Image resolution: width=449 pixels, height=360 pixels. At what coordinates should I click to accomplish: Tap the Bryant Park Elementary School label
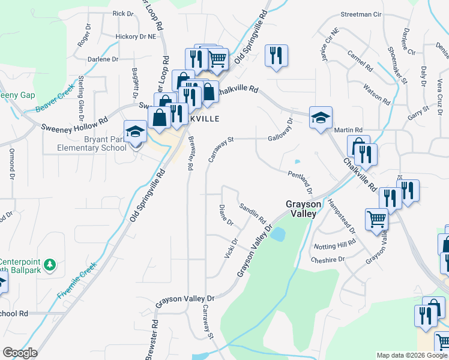tap(92, 144)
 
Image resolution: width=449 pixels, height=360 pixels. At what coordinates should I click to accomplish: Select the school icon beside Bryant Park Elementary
tap(135, 131)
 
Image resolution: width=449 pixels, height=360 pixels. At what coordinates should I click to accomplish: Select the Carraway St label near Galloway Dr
tap(220, 150)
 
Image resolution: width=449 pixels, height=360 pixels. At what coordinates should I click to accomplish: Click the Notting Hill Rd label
tap(334, 245)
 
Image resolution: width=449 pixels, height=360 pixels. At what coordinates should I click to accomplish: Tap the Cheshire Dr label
tap(328, 260)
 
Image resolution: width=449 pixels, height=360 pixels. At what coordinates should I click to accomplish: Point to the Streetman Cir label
tap(361, 13)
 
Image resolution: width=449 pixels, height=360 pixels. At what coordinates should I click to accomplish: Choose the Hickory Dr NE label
tap(135, 37)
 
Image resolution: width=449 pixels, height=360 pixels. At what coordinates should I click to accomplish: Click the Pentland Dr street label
tap(300, 182)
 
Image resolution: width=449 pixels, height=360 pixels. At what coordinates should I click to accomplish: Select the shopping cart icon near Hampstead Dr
tap(376, 220)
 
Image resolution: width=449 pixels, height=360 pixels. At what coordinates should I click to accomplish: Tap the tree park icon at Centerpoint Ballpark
tap(51, 263)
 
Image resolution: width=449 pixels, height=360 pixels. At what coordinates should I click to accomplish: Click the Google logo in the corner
tap(20, 353)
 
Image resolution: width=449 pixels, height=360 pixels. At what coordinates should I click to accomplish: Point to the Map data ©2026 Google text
tap(411, 355)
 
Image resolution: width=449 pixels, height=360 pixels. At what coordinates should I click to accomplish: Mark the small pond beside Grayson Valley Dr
tap(277, 235)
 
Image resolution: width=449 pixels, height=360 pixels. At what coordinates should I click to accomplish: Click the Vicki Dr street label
tap(231, 248)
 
